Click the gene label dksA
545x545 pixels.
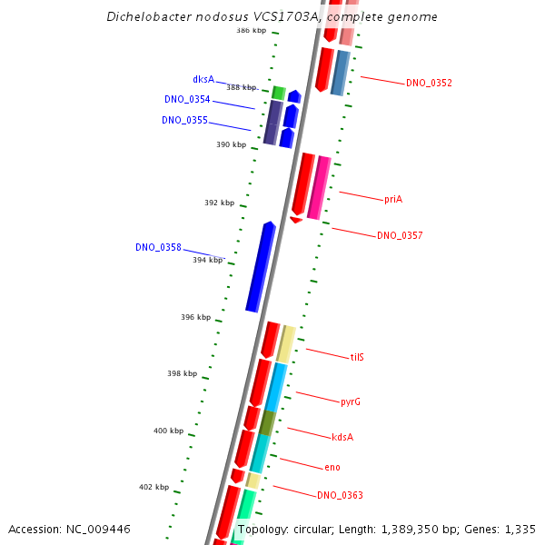coord(203,79)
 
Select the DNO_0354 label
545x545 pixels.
coord(187,99)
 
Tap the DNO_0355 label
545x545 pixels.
coord(184,120)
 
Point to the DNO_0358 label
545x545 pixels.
coord(158,247)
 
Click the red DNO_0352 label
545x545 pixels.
coord(429,84)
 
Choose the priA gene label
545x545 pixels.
coord(392,199)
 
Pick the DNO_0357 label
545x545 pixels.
coord(400,236)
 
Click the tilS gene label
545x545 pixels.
coord(357,357)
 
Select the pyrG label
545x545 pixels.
coord(351,401)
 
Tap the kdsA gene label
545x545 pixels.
coord(342,437)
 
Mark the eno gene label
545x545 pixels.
coord(332,467)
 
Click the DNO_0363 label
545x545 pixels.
coord(340,495)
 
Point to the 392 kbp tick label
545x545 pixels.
coord(219,203)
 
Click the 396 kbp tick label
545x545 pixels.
coord(195,317)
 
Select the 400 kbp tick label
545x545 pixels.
coord(168,431)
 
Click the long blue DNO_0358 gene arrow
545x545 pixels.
coord(261,267)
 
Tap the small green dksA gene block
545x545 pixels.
coord(279,93)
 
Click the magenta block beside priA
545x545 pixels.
coord(319,187)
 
